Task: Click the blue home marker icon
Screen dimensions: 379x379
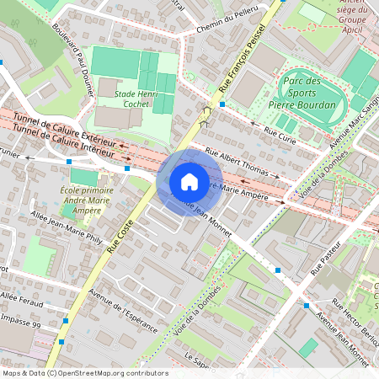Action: [189, 181]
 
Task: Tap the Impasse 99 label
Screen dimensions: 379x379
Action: [20, 323]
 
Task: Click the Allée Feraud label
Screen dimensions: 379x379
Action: [20, 300]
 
